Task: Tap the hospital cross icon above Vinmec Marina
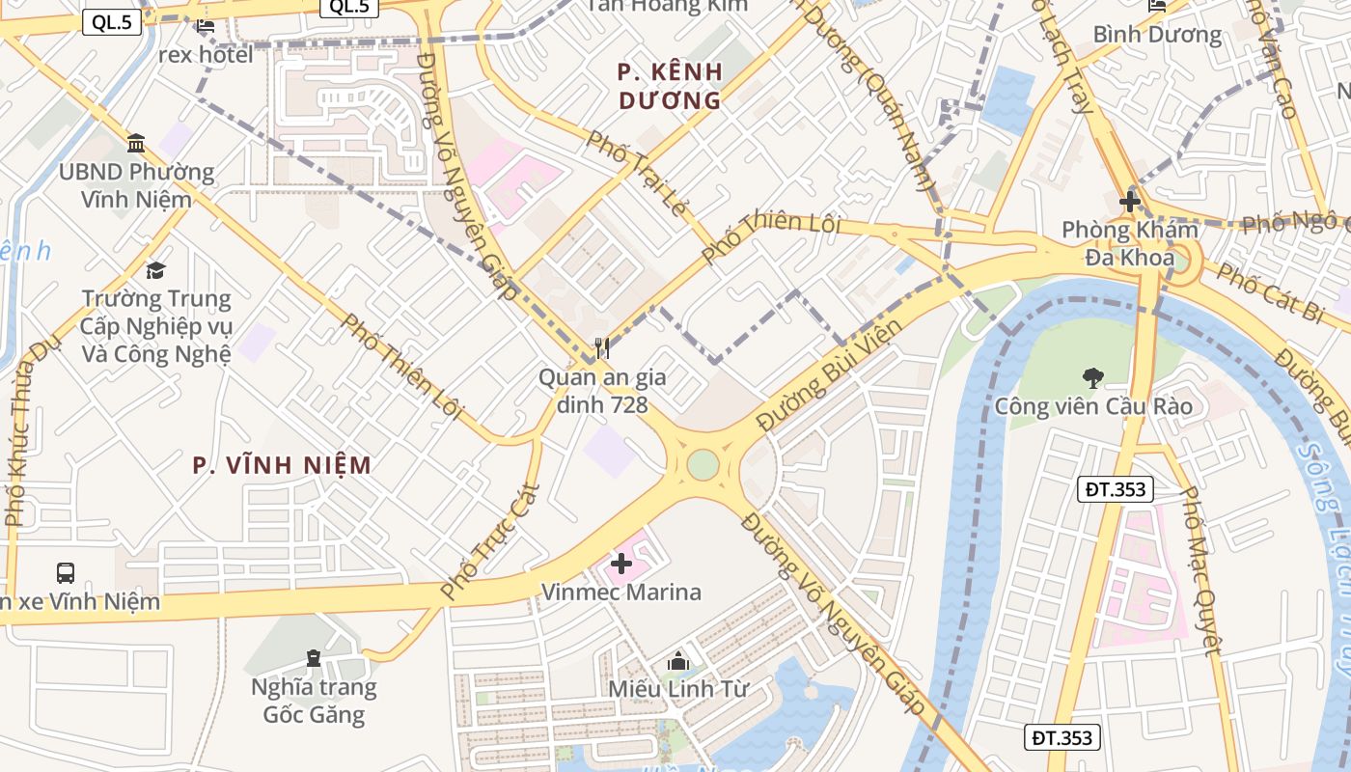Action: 621,564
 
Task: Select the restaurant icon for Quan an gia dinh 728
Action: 601,348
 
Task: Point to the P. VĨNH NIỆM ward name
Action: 282,465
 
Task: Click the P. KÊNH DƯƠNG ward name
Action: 670,86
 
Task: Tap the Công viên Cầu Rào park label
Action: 1093,406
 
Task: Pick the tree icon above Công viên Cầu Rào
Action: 1092,377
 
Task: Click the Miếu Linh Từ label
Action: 678,689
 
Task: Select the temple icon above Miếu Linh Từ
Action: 678,662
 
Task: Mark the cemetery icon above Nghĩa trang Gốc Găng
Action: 314,659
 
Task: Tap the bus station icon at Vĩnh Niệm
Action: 66,573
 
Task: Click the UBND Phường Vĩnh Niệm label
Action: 136,185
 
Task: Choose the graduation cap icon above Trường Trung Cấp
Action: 155,270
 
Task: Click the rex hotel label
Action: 206,54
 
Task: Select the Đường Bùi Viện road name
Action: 829,374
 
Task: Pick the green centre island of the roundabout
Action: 703,464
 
